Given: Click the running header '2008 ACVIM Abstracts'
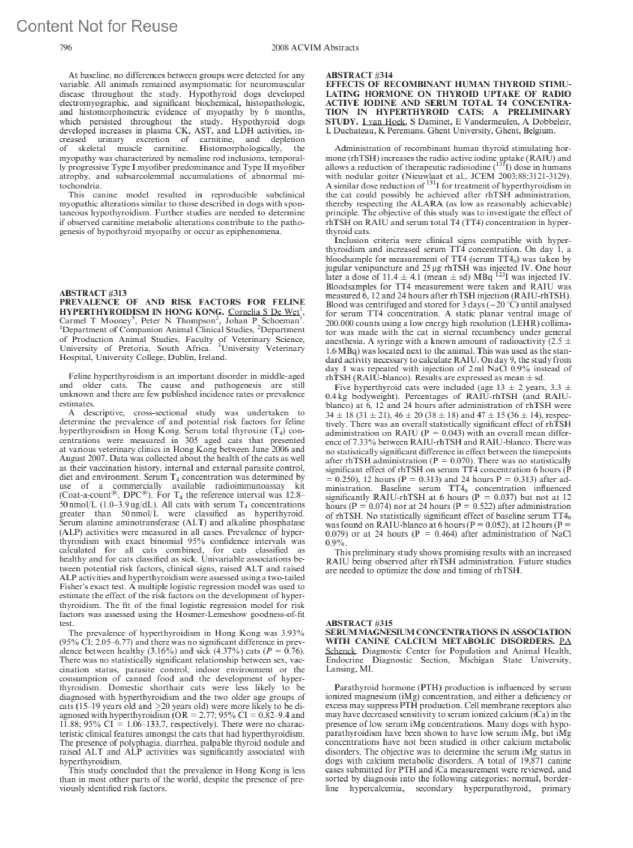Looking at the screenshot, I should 314,47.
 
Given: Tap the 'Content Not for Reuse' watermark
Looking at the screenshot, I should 97,26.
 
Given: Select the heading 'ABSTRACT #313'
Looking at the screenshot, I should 93,293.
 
